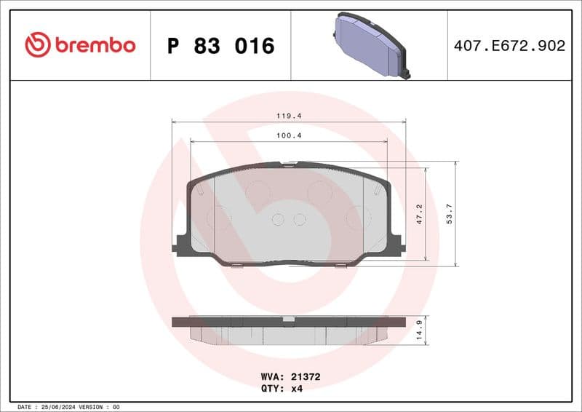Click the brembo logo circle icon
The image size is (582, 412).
click(x=37, y=45)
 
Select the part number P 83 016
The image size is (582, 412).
click(x=220, y=46)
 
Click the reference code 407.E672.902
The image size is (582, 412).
click(x=509, y=46)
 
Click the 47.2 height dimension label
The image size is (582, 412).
click(x=419, y=213)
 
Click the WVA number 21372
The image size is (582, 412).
click(x=306, y=377)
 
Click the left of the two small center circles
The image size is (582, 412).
click(x=279, y=219)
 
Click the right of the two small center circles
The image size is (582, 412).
click(x=299, y=219)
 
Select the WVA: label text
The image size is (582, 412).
click(x=272, y=377)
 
